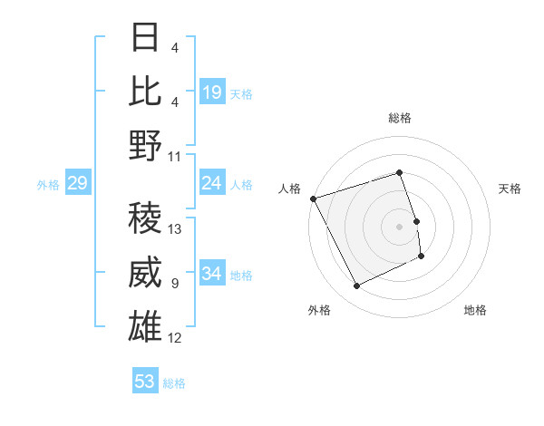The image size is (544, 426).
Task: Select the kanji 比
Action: (146, 91)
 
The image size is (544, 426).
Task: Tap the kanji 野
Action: (146, 145)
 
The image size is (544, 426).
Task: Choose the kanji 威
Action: (146, 273)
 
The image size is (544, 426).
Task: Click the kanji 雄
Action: (146, 327)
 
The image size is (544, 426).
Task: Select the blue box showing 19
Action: (212, 92)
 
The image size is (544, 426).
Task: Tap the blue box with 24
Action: (212, 184)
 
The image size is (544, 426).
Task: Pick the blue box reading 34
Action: (212, 274)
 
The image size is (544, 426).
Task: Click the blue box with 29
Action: (77, 184)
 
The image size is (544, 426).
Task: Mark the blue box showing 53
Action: (145, 382)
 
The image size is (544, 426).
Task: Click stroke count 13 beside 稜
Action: (175, 229)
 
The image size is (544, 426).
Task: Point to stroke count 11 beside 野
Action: (175, 156)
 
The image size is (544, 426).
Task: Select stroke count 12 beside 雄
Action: (175, 339)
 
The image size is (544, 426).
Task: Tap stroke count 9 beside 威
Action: (175, 284)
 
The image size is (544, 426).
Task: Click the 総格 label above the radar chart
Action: (400, 118)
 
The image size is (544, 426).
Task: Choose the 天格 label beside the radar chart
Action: (510, 189)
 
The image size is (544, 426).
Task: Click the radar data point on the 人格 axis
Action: (313, 198)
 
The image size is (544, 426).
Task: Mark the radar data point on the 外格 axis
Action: (356, 286)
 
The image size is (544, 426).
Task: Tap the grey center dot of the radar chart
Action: (400, 227)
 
